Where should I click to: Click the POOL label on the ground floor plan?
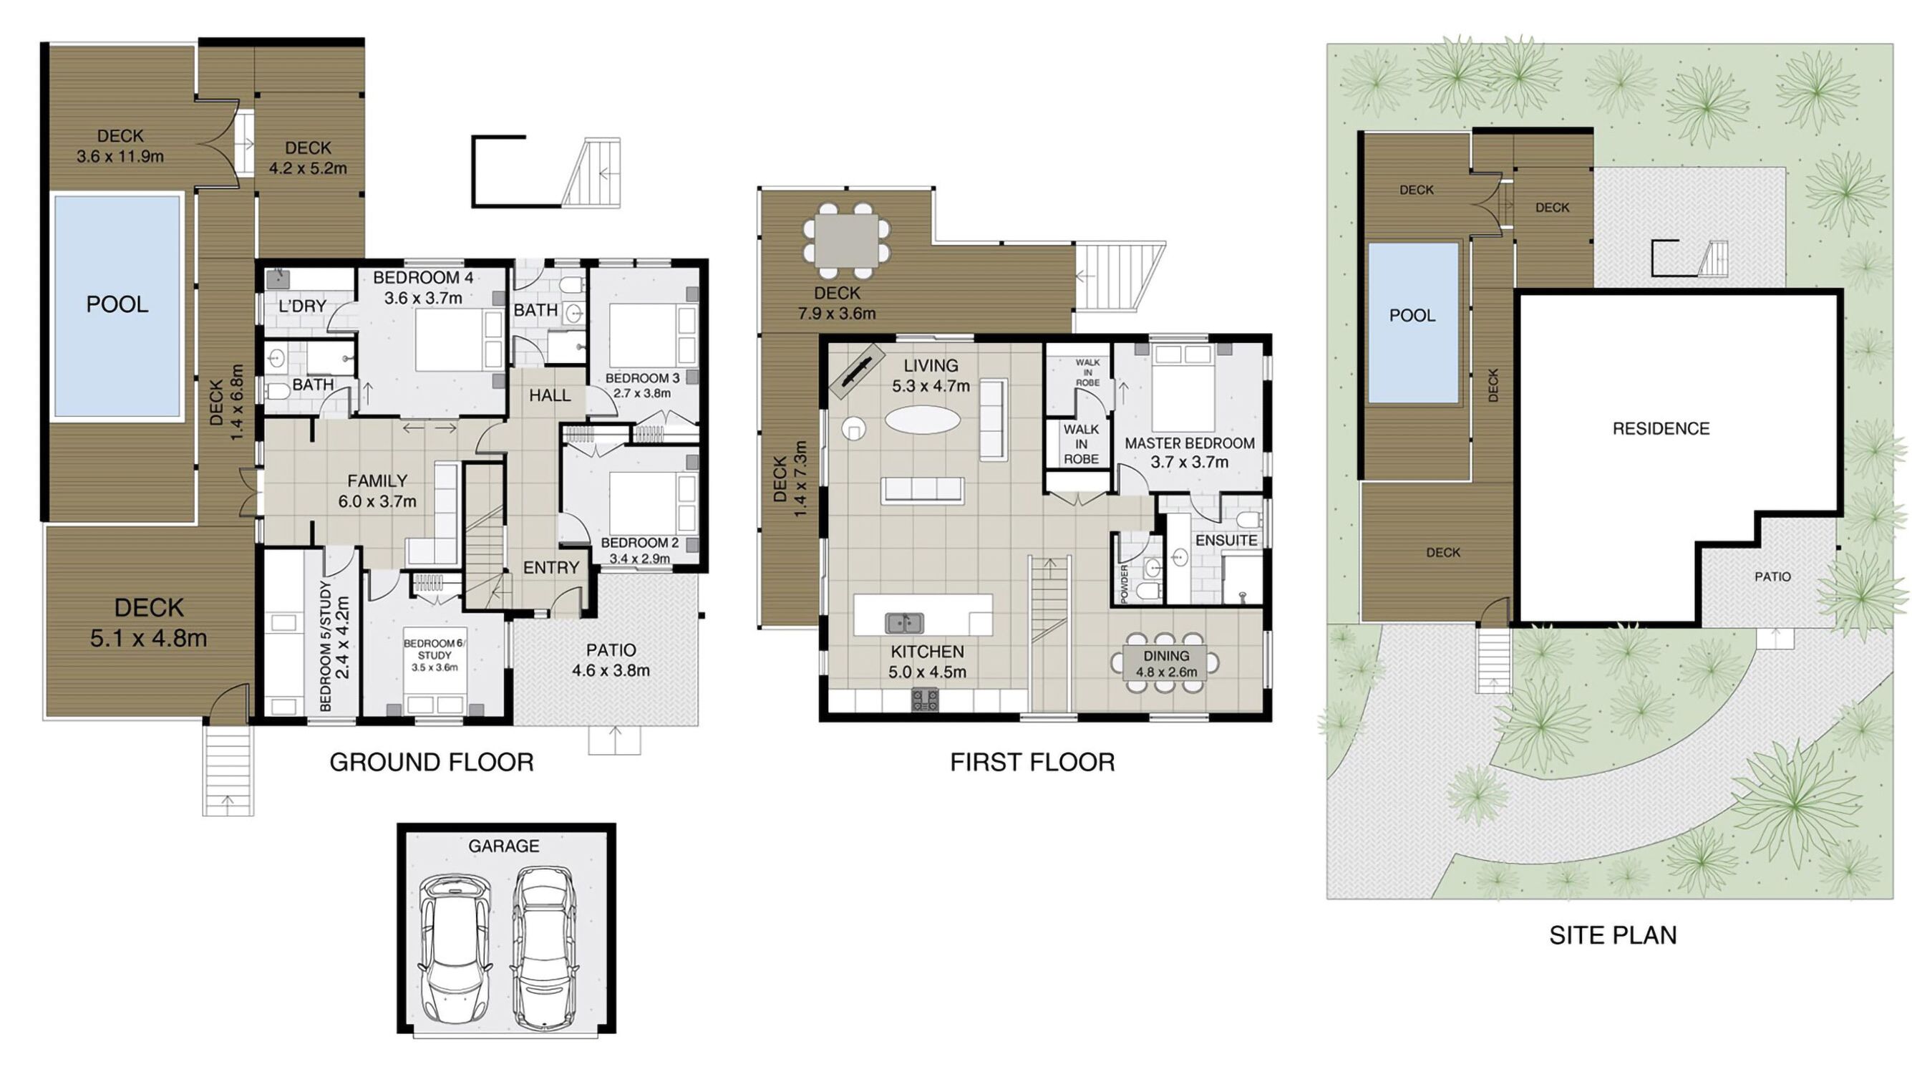117,304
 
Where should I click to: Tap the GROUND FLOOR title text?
431,763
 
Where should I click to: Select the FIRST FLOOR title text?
1032,763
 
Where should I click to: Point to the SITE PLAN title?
1613,935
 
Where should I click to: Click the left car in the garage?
455,950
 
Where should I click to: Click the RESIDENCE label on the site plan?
1661,428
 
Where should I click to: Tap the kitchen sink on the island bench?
904,622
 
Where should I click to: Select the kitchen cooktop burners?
925,700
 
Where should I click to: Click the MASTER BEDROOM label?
1190,443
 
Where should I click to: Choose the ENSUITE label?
1226,541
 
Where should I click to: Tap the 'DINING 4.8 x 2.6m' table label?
1166,664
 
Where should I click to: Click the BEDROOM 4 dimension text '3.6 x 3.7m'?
423,298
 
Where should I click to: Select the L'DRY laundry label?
303,306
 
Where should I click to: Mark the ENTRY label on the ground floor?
550,568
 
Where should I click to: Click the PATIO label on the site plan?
1772,576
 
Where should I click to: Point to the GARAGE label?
503,846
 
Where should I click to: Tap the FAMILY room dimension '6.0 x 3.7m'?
377,501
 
